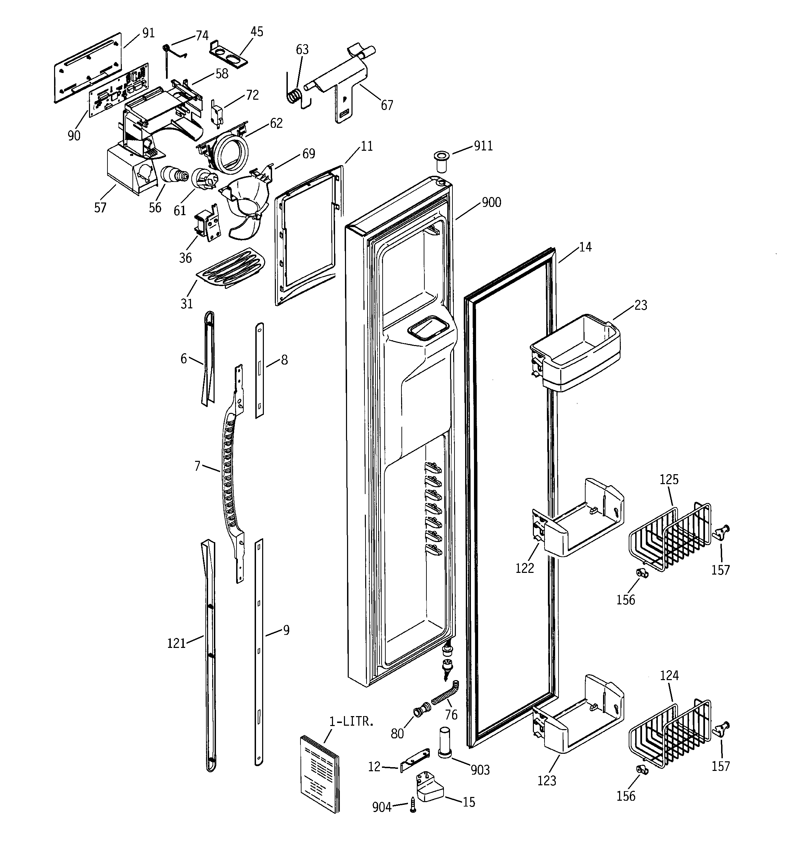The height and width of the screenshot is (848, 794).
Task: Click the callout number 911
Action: coord(483,146)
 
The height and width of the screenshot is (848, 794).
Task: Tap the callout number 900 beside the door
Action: coord(491,202)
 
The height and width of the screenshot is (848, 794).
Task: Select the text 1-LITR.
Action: coord(351,722)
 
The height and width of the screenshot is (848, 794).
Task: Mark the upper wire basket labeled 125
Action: coord(669,538)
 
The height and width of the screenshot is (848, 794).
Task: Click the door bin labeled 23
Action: coord(575,354)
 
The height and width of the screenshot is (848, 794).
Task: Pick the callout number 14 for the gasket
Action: coord(585,247)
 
